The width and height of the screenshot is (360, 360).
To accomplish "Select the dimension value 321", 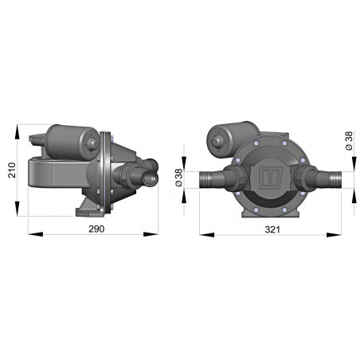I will click(x=271, y=229).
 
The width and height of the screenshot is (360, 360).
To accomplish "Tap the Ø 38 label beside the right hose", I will click(x=349, y=143).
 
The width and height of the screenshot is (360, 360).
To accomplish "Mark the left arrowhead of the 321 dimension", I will click(x=200, y=234).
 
